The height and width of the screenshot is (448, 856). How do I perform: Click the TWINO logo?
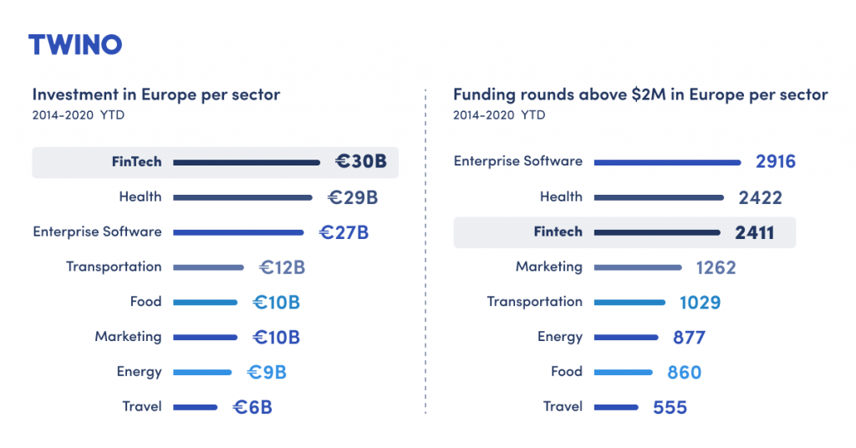[75, 44]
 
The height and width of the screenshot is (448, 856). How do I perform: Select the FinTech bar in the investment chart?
[247, 162]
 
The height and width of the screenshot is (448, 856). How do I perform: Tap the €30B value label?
[361, 162]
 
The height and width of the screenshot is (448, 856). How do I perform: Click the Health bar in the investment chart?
[242, 197]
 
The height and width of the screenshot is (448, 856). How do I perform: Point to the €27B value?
[344, 232]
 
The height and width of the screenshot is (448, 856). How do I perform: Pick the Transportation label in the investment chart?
[114, 267]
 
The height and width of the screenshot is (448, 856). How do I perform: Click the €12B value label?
[282, 267]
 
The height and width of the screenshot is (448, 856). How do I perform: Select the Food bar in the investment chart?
[205, 303]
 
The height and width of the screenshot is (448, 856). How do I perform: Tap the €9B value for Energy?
[267, 372]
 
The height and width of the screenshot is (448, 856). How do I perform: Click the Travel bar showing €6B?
[195, 407]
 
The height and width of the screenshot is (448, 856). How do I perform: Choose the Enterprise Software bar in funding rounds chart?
[667, 162]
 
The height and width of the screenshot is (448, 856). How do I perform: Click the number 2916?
[776, 162]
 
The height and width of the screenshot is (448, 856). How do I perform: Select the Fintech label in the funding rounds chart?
[558, 232]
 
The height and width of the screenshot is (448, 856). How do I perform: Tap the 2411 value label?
[754, 233]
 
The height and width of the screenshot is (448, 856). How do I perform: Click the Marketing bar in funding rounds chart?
[637, 267]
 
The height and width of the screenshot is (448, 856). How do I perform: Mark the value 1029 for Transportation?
[700, 303]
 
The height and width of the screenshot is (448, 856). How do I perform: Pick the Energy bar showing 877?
[625, 338]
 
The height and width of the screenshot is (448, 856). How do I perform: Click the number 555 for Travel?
[670, 408]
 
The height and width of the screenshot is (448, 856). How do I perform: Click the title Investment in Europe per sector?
[156, 94]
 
